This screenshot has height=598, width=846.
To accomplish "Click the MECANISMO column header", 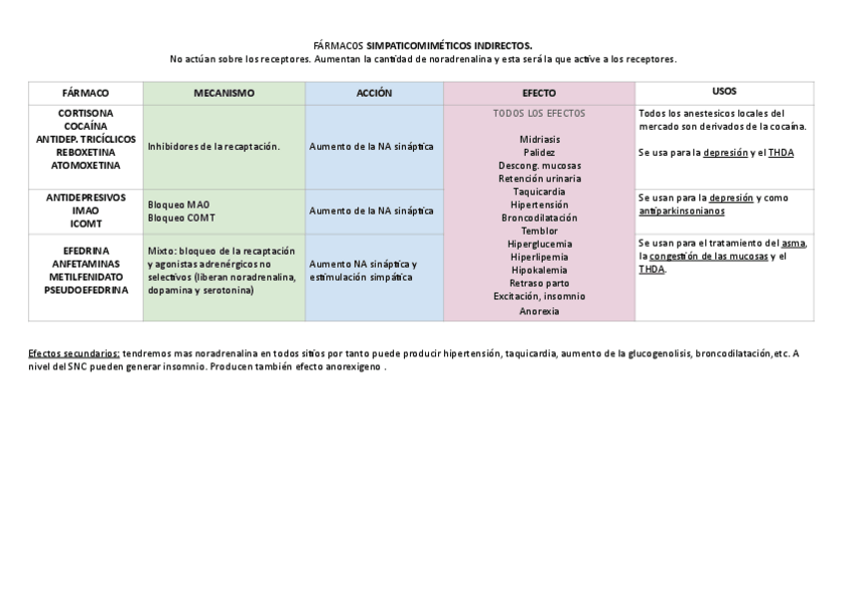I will pyautogui.click(x=223, y=93).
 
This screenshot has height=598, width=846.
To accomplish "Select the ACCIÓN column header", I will pyautogui.click(x=374, y=93).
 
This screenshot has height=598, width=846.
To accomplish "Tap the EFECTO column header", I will pyautogui.click(x=539, y=93).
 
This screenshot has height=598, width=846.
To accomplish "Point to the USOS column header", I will pyautogui.click(x=724, y=91).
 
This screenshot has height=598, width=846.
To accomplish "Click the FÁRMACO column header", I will pyautogui.click(x=85, y=93).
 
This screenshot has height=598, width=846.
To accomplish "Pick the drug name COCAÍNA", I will pyautogui.click(x=85, y=126).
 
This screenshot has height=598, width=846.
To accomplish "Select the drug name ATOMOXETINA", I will pyautogui.click(x=85, y=165).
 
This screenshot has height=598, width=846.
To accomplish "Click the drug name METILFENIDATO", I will pyautogui.click(x=85, y=277).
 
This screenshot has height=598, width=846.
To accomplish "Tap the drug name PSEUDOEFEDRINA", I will pyautogui.click(x=85, y=290).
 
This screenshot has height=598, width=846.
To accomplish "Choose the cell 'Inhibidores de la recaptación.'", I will pyautogui.click(x=213, y=147).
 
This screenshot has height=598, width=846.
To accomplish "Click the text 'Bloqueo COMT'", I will pyautogui.click(x=181, y=218).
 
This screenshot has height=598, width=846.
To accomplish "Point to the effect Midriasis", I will pyautogui.click(x=539, y=140).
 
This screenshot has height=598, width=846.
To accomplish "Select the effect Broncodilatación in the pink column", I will pyautogui.click(x=539, y=218).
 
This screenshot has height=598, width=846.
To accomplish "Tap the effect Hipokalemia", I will pyautogui.click(x=539, y=270).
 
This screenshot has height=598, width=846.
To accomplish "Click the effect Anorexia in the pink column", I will pyautogui.click(x=539, y=311).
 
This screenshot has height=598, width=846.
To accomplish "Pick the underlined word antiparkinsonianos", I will pyautogui.click(x=681, y=211).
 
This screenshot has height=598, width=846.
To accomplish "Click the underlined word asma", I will pyautogui.click(x=793, y=243).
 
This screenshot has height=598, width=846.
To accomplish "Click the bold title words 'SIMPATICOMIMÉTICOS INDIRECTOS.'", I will pyautogui.click(x=449, y=46).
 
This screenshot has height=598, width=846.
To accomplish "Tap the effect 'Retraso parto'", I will pyautogui.click(x=539, y=283).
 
